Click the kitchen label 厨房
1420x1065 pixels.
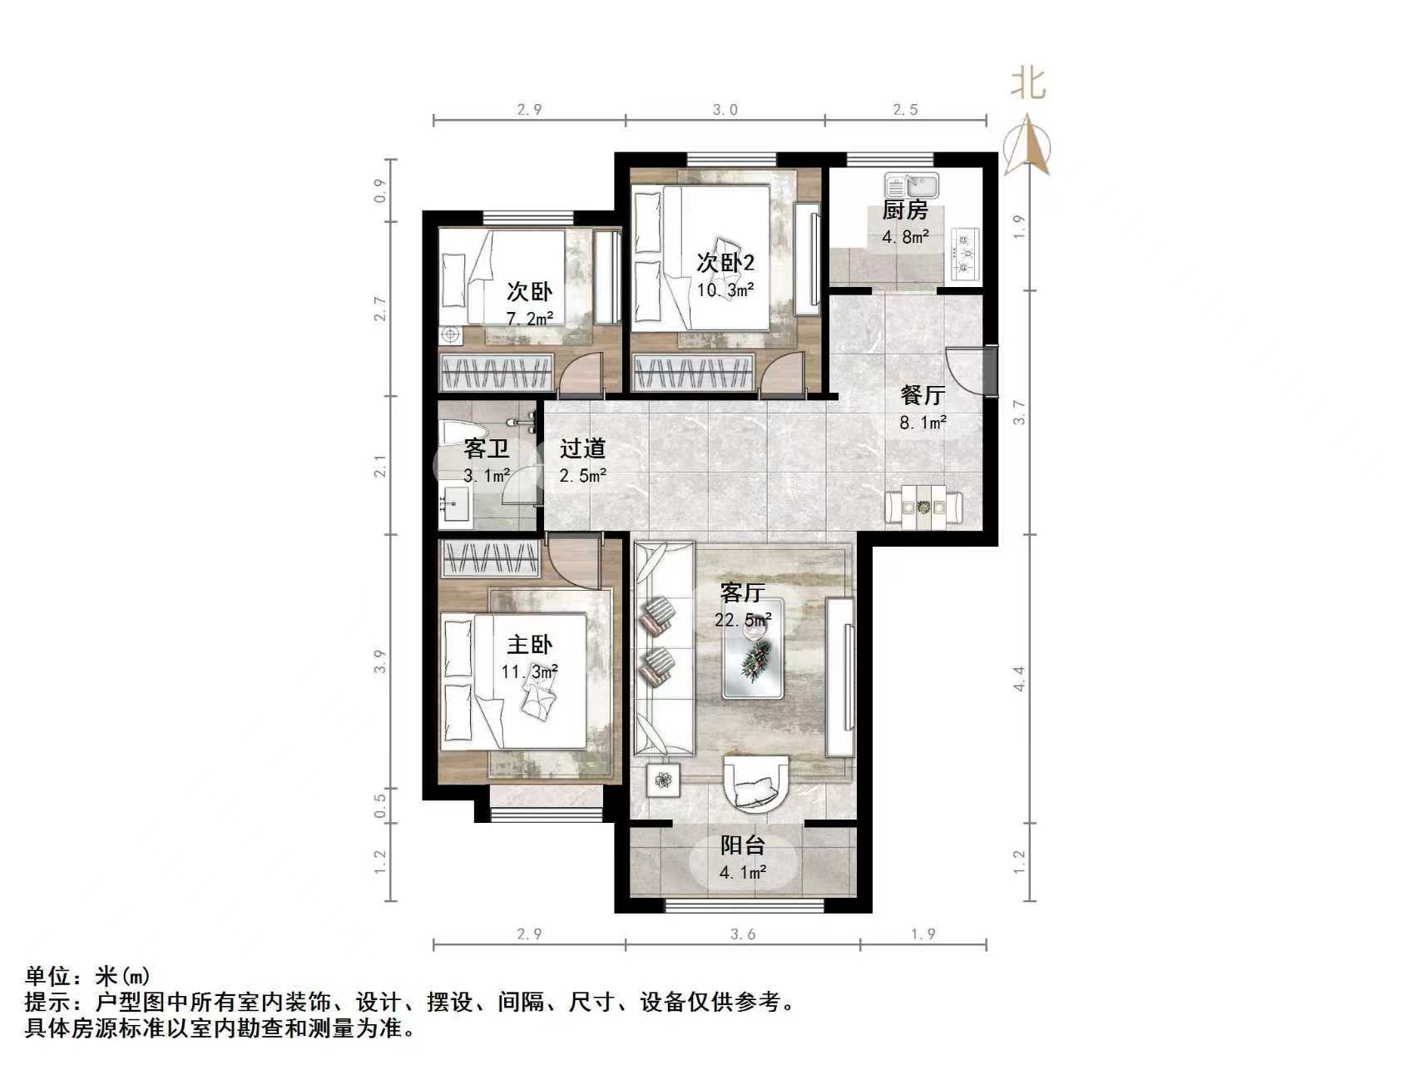904,211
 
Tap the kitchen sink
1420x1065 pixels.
911,185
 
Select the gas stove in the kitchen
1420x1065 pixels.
966,250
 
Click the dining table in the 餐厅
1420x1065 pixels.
923,506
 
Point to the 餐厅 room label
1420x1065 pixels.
923,395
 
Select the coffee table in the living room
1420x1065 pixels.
754,659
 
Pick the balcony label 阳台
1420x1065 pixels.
742,846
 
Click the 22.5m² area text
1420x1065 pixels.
743,620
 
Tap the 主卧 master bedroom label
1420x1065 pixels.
530,645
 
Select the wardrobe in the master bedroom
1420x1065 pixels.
490,557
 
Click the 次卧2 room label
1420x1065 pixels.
725,264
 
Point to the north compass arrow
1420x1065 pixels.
1028,146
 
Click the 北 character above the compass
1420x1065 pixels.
1028,83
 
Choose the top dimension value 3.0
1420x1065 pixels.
725,110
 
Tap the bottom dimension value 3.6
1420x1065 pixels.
743,934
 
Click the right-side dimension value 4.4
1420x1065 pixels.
1019,678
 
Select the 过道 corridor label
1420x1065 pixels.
582,449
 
